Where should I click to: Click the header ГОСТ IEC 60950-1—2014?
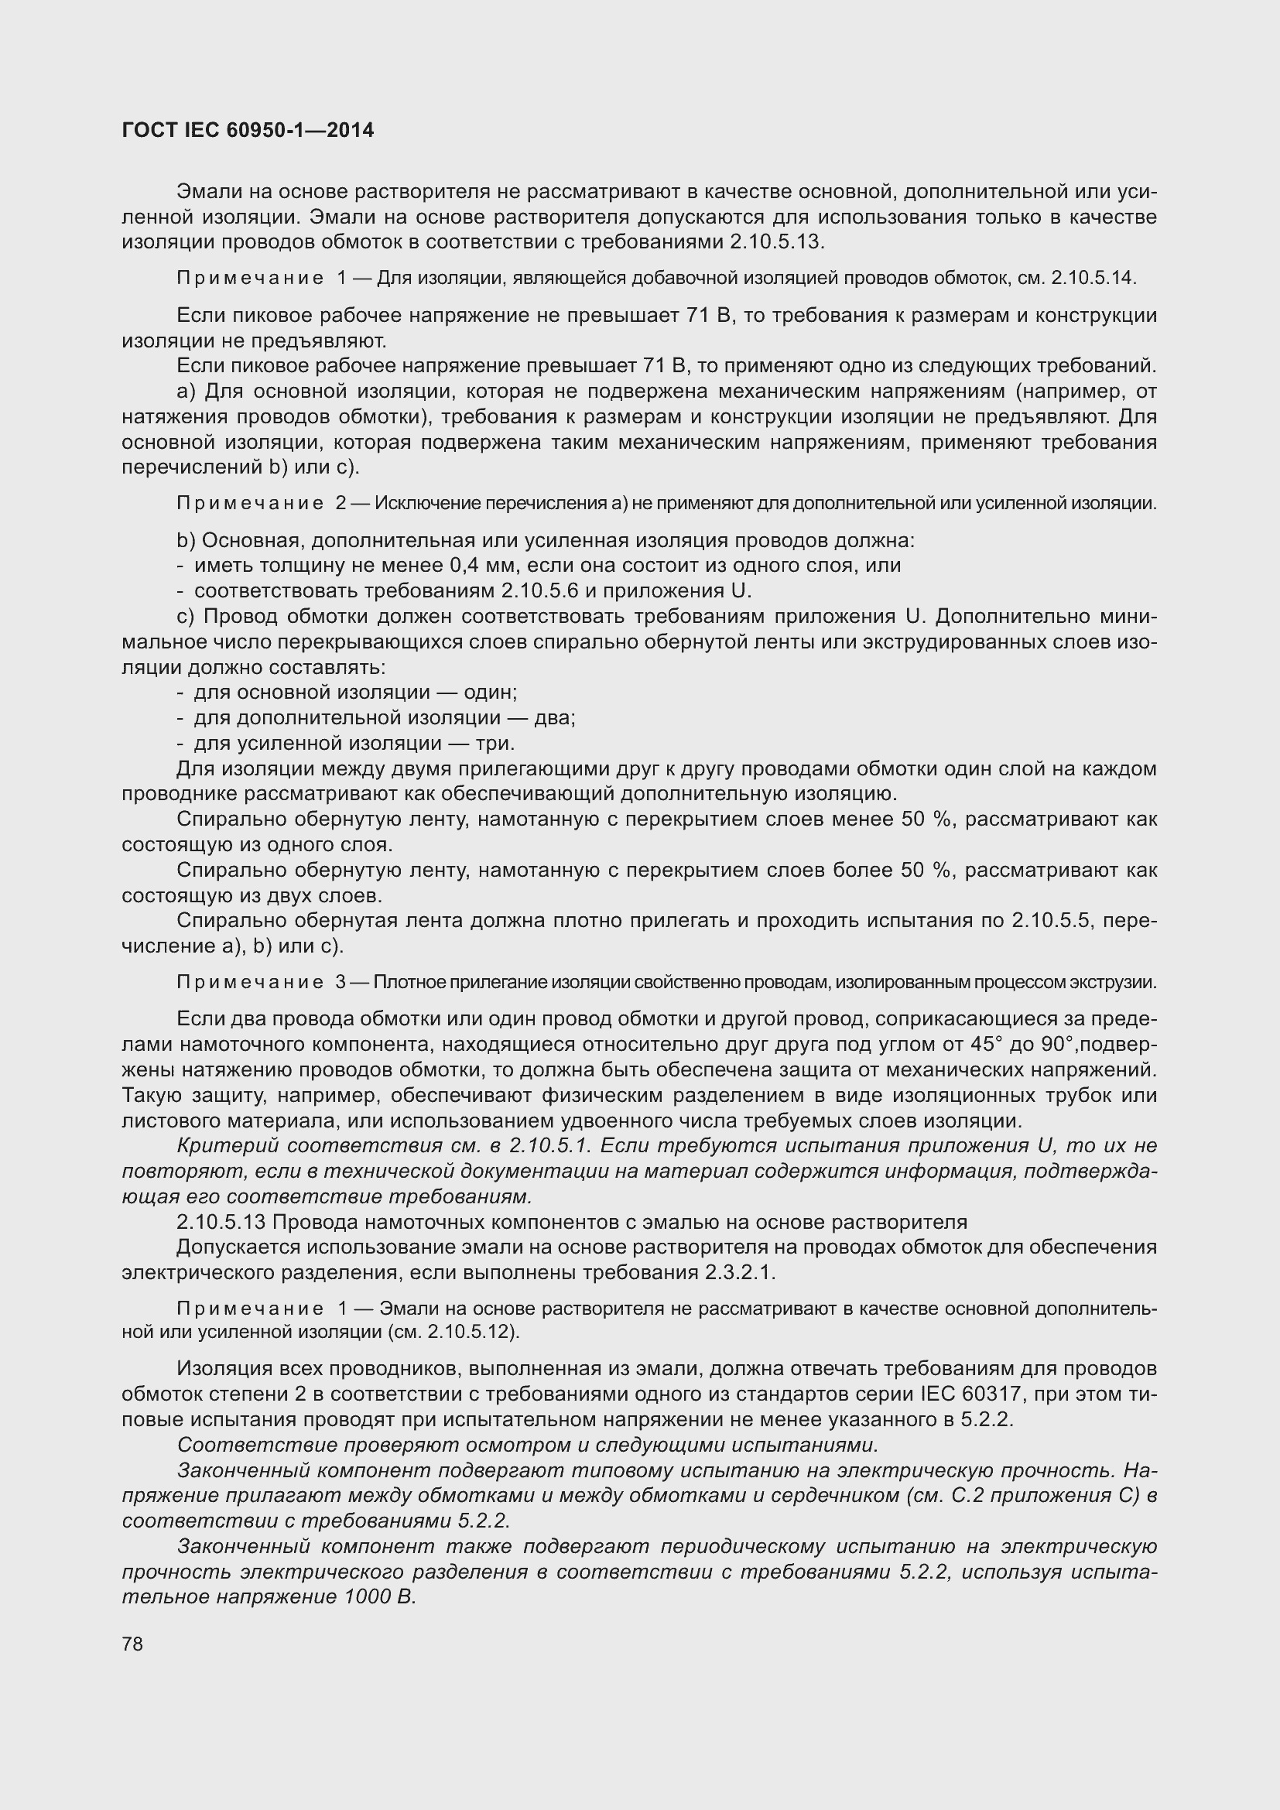coord(248,130)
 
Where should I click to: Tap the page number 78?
coord(132,1644)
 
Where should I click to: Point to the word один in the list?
coord(489,692)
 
